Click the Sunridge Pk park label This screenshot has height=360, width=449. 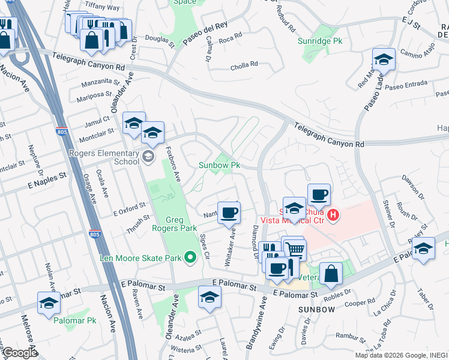(319, 41)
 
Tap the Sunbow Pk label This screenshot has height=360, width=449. (219, 165)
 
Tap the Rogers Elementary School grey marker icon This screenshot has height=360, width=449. (148, 157)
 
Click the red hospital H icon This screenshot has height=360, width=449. (334, 214)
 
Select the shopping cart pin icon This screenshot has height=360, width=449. (294, 249)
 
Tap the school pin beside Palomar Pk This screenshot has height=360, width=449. (49, 302)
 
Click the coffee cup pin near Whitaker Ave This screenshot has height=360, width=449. (228, 212)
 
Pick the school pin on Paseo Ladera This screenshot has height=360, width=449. (384, 59)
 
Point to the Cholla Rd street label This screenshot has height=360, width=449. (246, 64)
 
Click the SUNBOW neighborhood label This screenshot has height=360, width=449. (316, 310)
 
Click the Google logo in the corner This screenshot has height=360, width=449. (19, 353)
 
